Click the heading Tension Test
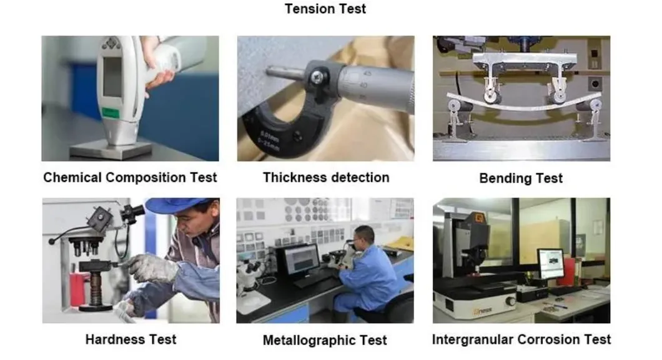coord(325,9)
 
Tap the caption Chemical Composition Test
coord(130,177)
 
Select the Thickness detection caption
coord(326,177)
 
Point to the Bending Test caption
coord(521,178)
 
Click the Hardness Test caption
coord(131,339)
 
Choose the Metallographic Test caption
coord(325,340)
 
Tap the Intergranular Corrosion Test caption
coord(521,339)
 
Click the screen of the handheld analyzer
coord(112,77)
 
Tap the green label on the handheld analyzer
coord(111,113)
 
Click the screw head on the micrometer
coord(317,76)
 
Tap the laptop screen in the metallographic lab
coord(302,259)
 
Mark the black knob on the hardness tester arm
coord(52,241)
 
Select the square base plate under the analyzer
coord(111,149)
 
